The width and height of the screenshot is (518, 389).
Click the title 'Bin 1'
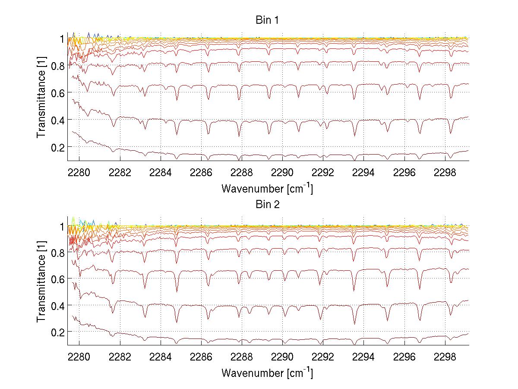[268, 20]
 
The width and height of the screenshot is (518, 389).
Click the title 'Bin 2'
[268, 204]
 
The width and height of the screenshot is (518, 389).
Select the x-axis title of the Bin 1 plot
[267, 189]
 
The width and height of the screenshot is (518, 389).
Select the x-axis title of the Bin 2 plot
[267, 373]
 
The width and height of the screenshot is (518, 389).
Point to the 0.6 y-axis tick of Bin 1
[57, 92]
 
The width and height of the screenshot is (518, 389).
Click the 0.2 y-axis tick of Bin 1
[57, 147]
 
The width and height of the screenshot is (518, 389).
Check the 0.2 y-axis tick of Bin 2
[57, 332]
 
